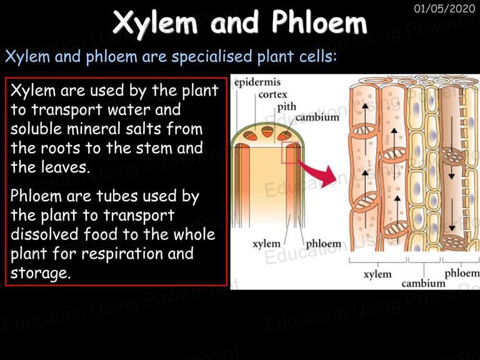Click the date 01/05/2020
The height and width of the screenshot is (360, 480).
click(444, 8)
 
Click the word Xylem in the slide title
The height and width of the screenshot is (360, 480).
click(155, 22)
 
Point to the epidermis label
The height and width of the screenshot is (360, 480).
click(257, 82)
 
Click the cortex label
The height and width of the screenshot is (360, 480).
click(272, 94)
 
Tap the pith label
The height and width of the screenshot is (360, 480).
click(286, 106)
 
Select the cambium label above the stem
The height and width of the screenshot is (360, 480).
click(317, 117)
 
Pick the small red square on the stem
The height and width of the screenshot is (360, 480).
click(289, 152)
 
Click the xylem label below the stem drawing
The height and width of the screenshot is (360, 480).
click(266, 244)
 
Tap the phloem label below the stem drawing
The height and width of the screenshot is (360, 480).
click(323, 244)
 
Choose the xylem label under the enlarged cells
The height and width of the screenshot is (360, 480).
click(377, 274)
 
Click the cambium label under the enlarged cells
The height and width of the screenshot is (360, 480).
click(423, 283)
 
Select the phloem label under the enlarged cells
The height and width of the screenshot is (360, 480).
click(462, 273)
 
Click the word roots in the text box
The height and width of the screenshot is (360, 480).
click(60, 148)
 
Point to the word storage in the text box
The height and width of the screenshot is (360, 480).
click(41, 273)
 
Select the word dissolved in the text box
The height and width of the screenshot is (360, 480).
click(45, 234)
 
